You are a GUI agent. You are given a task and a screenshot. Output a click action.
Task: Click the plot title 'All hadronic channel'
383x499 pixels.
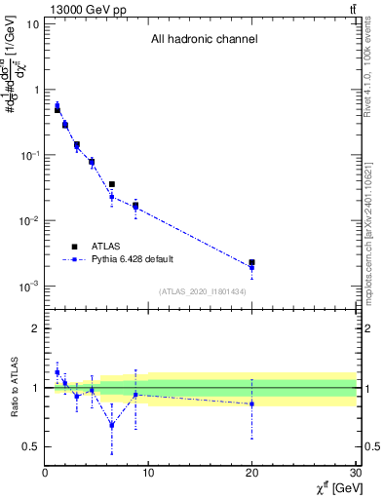pos(204,40)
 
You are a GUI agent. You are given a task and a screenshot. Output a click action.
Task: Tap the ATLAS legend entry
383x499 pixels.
pos(105,247)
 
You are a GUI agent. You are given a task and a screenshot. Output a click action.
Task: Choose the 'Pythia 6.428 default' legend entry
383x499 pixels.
pos(138,260)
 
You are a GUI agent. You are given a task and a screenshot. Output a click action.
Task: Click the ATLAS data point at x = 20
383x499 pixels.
pos(251,263)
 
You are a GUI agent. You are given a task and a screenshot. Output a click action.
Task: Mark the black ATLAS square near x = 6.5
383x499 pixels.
pos(112,184)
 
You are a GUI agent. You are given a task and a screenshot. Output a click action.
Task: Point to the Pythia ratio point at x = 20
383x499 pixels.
pos(251,403)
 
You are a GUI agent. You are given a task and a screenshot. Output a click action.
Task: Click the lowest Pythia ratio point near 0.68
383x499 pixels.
pos(112,425)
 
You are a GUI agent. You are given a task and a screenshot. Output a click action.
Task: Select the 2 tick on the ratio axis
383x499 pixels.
pos(35,328)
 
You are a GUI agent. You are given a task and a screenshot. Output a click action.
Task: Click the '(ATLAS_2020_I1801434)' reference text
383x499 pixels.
pos(203,291)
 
